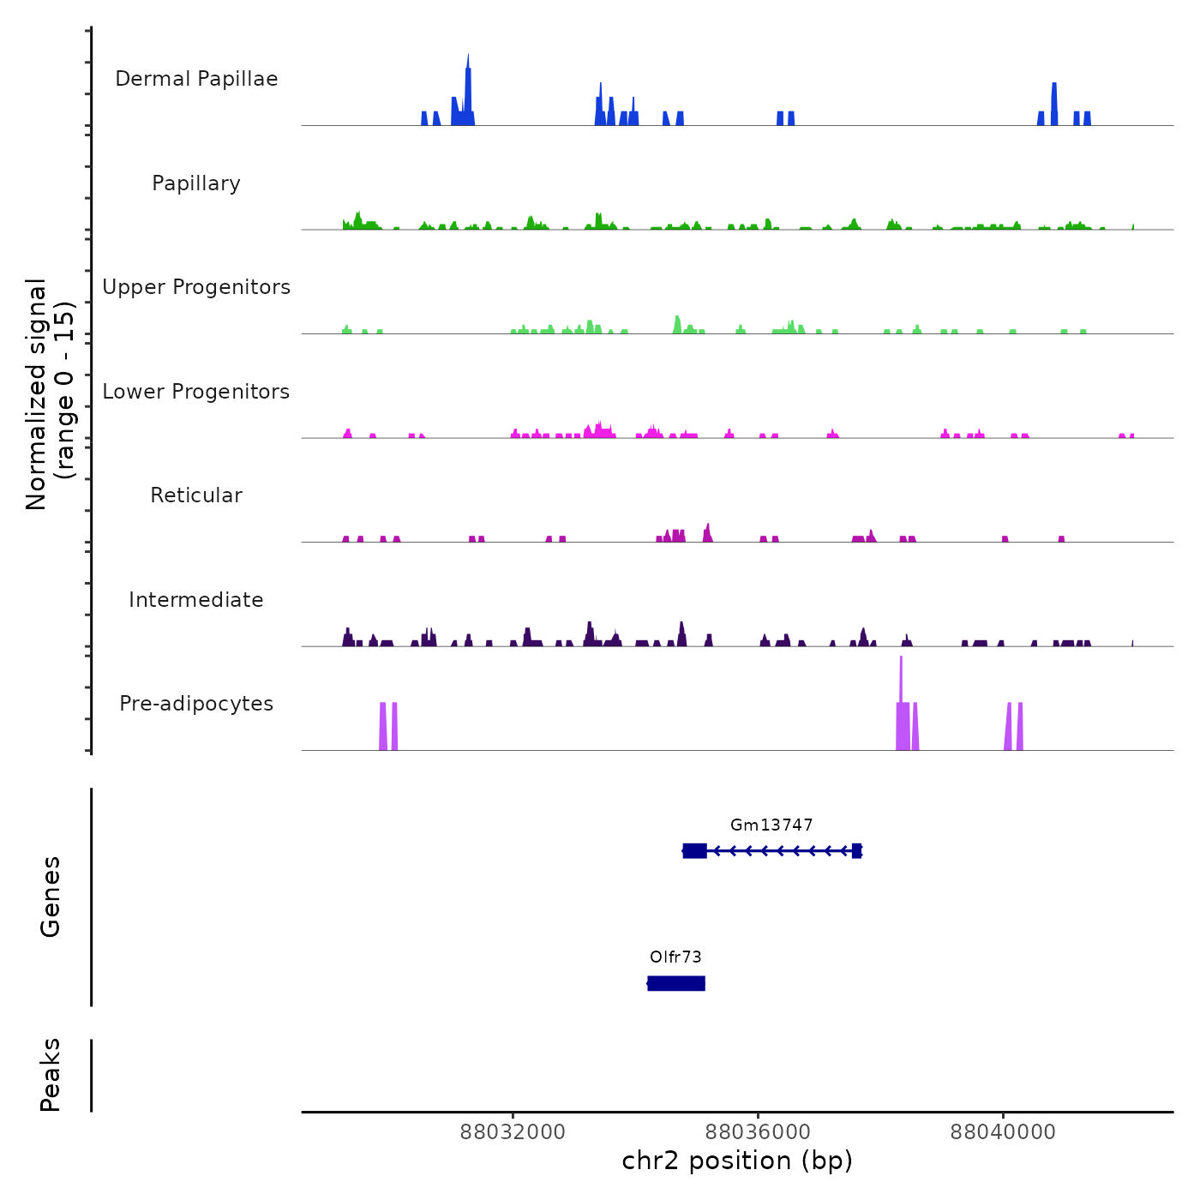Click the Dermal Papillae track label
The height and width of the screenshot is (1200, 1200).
click(x=196, y=79)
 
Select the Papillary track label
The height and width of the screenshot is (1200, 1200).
click(x=196, y=183)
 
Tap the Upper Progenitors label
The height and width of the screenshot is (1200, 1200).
click(x=196, y=287)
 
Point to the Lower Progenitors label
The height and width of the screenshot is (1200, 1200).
click(x=196, y=392)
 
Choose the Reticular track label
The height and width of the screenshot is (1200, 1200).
click(x=196, y=495)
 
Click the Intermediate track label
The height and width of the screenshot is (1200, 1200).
click(x=196, y=600)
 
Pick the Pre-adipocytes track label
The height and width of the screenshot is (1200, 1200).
click(x=196, y=704)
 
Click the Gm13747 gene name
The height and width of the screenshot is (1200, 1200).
click(x=771, y=825)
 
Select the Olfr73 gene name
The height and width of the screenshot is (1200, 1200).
click(x=675, y=957)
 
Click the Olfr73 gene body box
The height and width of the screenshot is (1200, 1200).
click(x=676, y=983)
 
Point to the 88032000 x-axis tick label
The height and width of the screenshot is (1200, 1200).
click(x=513, y=1132)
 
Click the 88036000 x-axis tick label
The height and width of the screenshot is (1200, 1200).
click(x=758, y=1132)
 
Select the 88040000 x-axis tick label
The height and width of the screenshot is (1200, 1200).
click(x=1003, y=1132)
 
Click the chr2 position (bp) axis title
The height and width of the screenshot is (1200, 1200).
click(x=737, y=1161)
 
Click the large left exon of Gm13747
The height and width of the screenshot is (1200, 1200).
click(x=695, y=850)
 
